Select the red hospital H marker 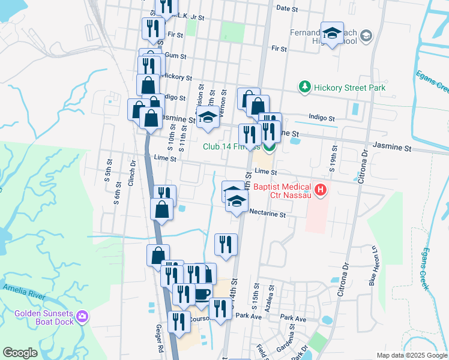click(x=321, y=191)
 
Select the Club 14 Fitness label click(x=231, y=146)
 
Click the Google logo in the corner click(x=20, y=352)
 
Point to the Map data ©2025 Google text click(x=411, y=355)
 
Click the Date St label click(x=287, y=8)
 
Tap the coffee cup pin click(x=202, y=293)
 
